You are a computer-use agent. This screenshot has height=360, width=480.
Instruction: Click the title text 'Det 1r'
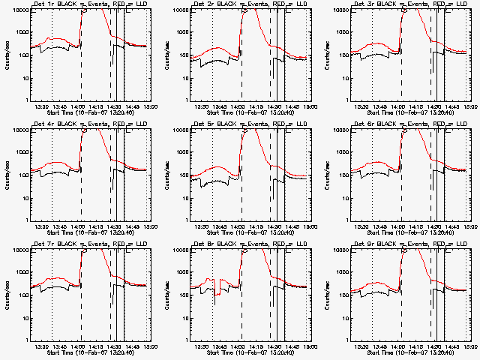tap(44, 5)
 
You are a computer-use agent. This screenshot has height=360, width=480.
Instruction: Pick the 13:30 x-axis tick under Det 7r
tap(43, 346)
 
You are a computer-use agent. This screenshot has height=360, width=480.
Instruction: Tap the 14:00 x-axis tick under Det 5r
tap(238, 226)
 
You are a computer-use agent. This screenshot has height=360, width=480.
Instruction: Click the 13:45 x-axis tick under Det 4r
tap(61, 226)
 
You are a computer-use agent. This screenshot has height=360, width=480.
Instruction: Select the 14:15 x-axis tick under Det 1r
tap(97, 106)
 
